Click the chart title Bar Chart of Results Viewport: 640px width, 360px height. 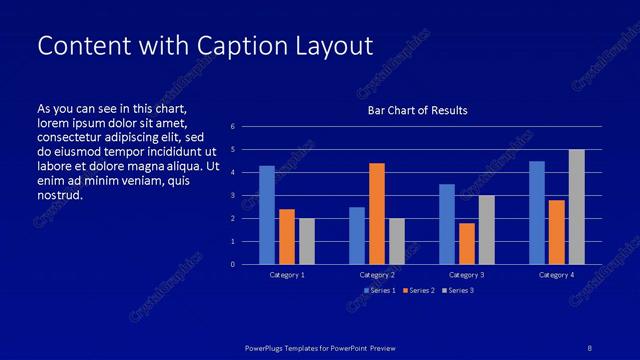pos(417,110)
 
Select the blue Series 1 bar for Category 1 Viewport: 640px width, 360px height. pos(267,215)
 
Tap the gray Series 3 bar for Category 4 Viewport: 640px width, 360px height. pos(577,207)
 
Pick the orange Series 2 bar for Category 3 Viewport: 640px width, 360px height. pos(466,243)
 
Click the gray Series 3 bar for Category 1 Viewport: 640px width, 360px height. pos(307,241)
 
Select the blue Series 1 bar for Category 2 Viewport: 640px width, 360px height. pos(357,235)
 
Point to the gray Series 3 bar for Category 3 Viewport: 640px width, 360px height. pos(486,230)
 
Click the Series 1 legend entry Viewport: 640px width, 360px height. pos(380,290)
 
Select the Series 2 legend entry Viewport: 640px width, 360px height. pos(418,290)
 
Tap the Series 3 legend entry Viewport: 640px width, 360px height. pos(457,290)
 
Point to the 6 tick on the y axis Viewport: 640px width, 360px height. pos(232,127)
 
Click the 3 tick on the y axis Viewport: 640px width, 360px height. pos(232,196)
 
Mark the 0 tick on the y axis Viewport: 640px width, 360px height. pos(232,265)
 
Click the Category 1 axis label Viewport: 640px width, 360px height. pos(287,274)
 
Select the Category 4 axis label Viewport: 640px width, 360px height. pos(557,274)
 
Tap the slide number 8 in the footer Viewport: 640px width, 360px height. pos(590,347)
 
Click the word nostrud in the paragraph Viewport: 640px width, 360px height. pos(59,195)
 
